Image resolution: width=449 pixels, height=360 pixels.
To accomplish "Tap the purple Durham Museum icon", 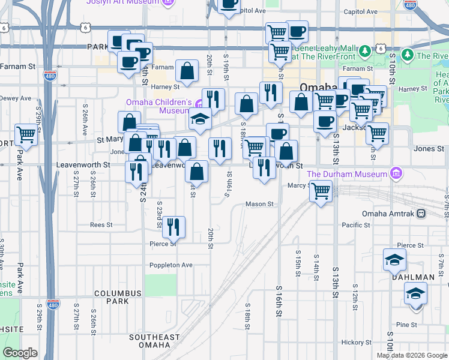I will (x=395, y=174).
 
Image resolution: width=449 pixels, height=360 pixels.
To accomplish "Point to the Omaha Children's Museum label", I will (x=158, y=106).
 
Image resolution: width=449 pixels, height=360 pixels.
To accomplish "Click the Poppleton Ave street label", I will (x=171, y=265).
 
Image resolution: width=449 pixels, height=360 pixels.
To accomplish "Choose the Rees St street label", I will (x=101, y=225).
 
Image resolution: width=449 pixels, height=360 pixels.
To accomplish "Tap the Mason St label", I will (x=259, y=204).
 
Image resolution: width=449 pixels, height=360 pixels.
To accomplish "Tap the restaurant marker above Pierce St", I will (x=173, y=226).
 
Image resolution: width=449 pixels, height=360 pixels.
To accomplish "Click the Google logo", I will (x=20, y=353).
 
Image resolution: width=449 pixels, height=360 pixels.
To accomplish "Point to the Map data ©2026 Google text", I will (x=411, y=355).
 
